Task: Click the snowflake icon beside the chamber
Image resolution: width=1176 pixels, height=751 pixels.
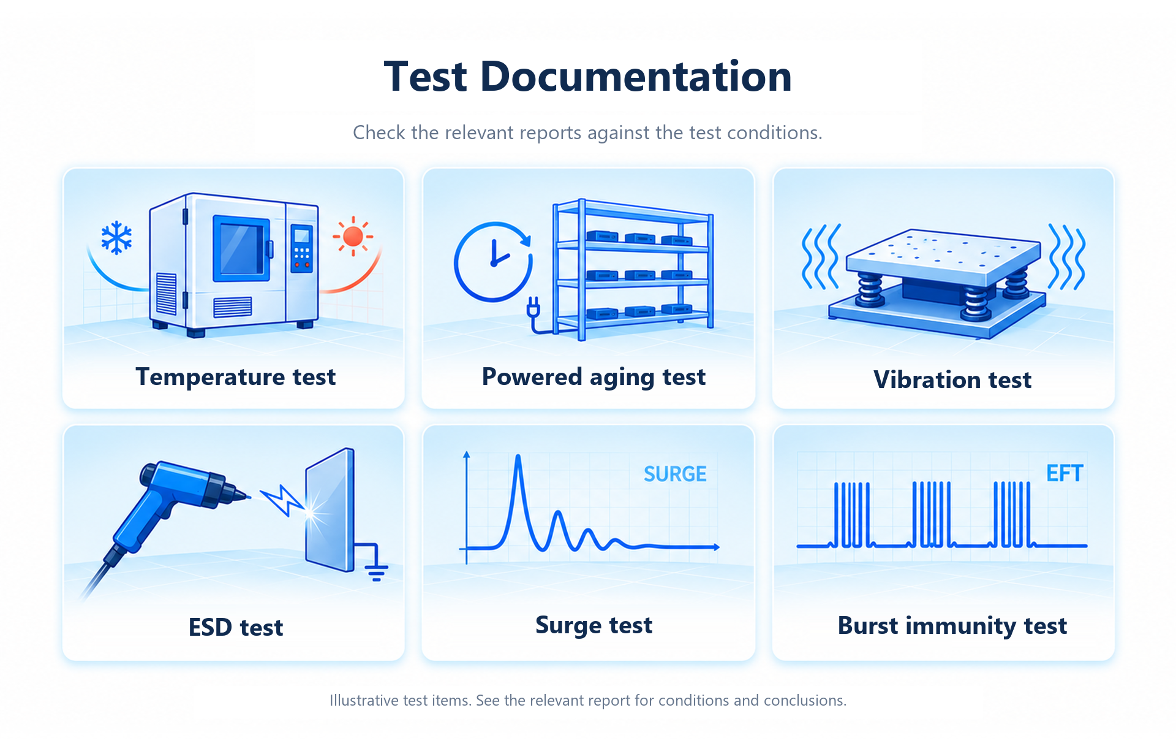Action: [116, 238]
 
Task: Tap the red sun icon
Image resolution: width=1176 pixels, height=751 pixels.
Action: [353, 237]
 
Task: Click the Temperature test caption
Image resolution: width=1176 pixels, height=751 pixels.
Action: [236, 376]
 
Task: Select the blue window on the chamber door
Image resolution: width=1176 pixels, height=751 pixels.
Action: [241, 248]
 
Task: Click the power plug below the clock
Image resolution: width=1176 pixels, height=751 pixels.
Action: [533, 306]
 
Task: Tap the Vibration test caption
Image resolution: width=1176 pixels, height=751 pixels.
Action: [952, 380]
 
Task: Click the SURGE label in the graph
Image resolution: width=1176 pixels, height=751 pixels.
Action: [675, 474]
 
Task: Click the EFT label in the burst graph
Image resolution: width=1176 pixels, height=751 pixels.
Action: [1065, 473]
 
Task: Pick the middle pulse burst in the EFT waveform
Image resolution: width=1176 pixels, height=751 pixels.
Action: [932, 514]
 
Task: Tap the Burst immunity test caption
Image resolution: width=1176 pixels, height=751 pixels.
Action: [952, 626]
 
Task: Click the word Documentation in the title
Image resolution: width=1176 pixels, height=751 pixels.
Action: [636, 77]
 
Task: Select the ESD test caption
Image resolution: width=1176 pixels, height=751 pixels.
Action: [236, 628]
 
